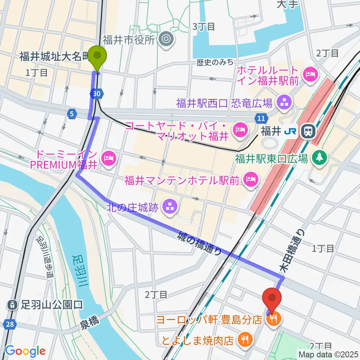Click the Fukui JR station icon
tap(309, 131)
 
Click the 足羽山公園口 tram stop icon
tap(13, 304)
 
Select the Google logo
tap(25, 351)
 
